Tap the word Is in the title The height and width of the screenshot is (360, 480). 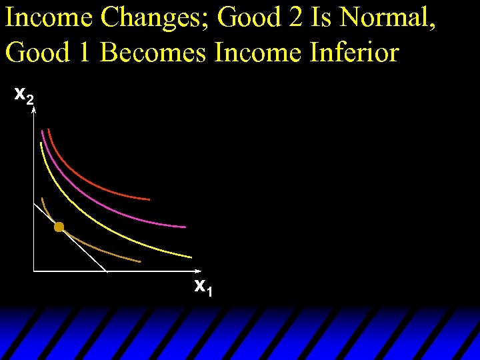[x=321, y=18]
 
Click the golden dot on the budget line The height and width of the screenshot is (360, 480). [x=59, y=227]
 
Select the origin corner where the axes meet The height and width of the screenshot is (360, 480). [x=33, y=272]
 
